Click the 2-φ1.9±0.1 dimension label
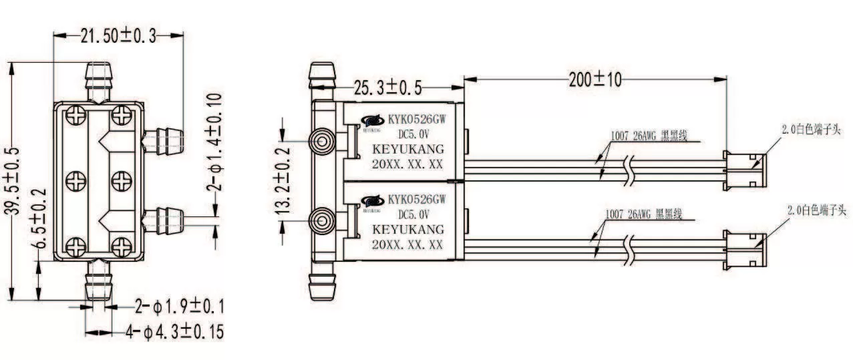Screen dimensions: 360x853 coord(179,307)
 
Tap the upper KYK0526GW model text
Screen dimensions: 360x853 coord(416,120)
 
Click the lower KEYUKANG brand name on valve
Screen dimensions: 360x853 coord(407,230)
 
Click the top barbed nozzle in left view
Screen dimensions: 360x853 coord(98,81)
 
